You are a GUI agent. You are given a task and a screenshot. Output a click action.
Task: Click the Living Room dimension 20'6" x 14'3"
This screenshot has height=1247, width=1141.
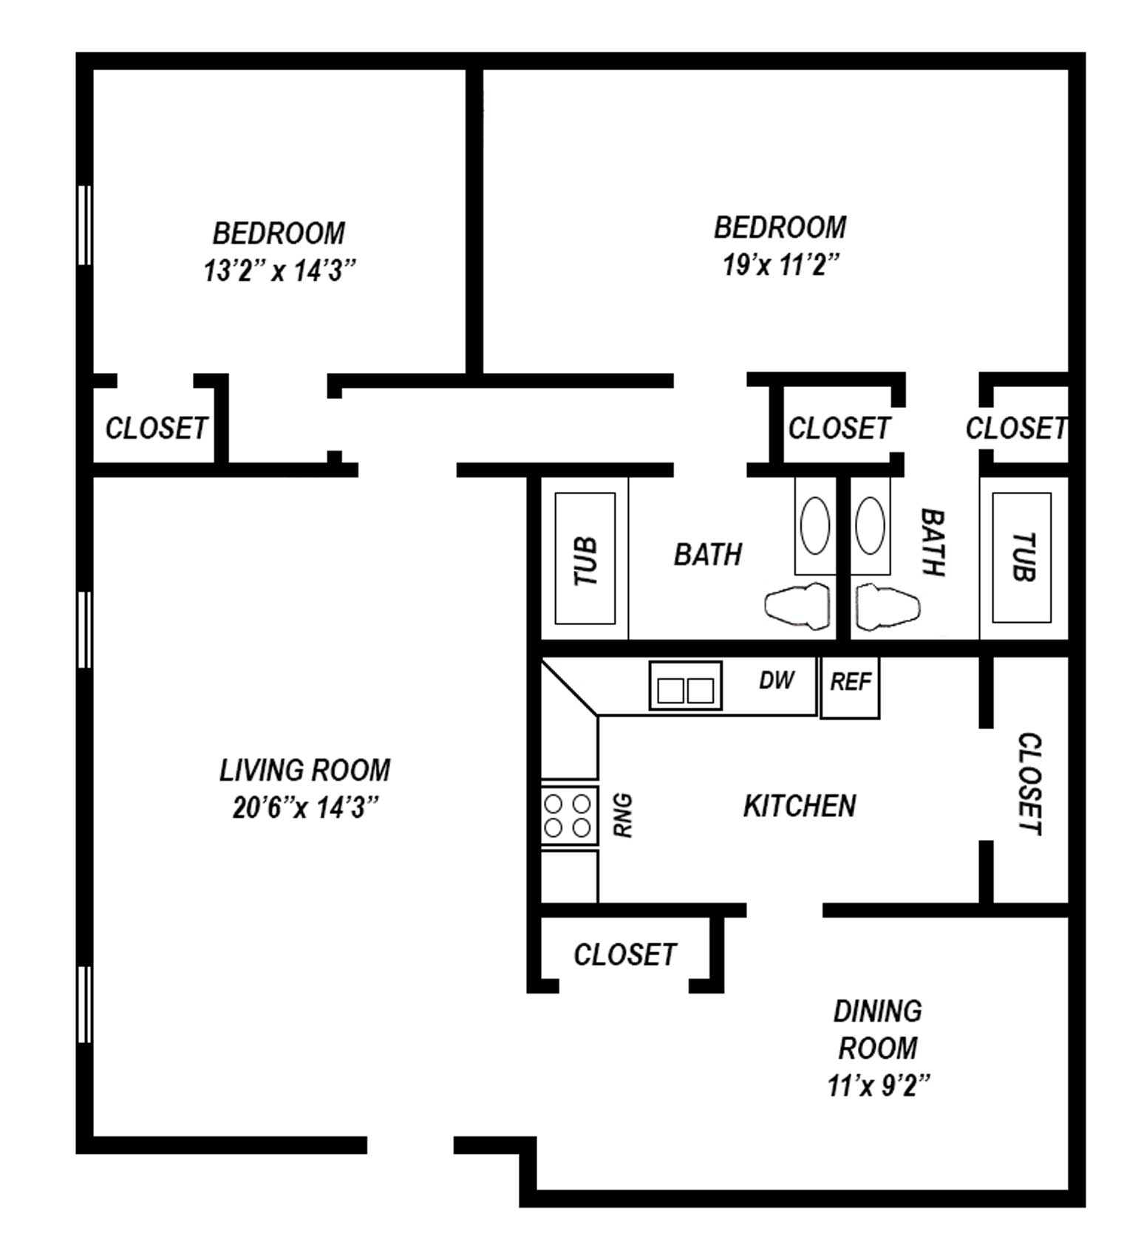305,807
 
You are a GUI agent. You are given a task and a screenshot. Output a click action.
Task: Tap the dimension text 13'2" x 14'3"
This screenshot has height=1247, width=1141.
279,270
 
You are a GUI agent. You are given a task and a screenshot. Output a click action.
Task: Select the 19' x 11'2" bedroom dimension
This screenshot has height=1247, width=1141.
781,264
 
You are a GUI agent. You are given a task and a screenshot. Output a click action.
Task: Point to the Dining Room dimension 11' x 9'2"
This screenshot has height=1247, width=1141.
878,1085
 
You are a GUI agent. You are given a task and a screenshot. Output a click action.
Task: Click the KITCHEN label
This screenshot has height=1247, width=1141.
800,805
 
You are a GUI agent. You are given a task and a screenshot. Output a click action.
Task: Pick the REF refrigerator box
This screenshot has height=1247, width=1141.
850,687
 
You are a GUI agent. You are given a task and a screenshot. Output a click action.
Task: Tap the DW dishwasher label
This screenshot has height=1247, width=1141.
777,680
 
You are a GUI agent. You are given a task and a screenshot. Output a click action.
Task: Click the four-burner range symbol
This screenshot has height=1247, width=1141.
569,816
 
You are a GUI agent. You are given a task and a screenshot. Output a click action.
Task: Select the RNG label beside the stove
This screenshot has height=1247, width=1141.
624,816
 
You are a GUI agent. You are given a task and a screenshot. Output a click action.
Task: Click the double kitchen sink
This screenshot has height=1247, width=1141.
685,686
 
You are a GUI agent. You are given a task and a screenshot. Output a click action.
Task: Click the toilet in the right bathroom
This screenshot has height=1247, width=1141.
888,607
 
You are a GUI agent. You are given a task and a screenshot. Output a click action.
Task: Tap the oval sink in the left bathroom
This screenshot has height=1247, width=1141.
815,525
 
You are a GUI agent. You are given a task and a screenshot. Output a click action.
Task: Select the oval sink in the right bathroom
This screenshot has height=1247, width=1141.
870,525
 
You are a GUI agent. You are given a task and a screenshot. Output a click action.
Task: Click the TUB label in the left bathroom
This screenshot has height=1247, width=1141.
585,561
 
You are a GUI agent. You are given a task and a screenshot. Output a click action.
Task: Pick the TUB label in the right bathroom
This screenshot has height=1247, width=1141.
1023,557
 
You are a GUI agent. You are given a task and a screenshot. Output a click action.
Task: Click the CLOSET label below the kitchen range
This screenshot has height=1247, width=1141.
625,954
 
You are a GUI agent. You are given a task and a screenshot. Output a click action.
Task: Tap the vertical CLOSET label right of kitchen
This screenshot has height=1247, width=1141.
1029,784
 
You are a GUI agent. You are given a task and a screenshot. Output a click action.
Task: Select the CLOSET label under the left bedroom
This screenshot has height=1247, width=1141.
157,428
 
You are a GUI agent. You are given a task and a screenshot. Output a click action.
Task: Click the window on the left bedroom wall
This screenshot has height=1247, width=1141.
84,225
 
